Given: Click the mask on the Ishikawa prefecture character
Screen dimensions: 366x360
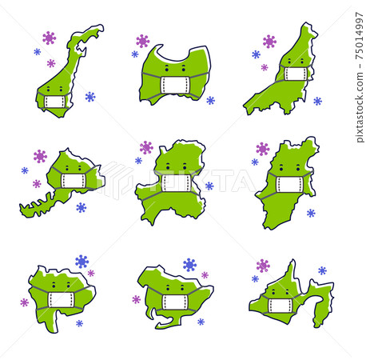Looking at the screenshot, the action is point(55,102).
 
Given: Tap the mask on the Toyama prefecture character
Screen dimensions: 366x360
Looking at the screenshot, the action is point(175,85).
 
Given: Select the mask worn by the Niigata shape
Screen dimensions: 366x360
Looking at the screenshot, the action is point(296,74).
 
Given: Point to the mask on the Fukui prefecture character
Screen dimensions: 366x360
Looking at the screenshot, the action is point(74,181).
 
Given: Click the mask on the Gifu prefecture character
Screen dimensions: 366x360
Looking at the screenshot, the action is point(177,183).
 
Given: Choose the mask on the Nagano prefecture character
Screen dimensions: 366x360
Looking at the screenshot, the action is point(289,184).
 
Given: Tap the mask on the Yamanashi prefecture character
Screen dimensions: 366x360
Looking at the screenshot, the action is point(62,300).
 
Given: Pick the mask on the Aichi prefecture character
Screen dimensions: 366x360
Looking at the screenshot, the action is point(175,302).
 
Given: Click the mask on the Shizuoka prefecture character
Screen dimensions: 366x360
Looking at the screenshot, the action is point(282,306).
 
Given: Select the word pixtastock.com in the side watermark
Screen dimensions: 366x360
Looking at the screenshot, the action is point(360,107).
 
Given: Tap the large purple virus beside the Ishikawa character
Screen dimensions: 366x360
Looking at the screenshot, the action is point(50,38).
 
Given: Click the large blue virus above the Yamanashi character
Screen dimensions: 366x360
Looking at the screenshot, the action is point(82,262).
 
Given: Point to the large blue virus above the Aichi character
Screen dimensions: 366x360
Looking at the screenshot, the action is point(189,265).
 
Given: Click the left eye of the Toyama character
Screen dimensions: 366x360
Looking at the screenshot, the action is point(167,69).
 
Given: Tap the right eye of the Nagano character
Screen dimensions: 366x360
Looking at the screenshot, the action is point(298,168).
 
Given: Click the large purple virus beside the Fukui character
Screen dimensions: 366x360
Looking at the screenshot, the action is point(40,156).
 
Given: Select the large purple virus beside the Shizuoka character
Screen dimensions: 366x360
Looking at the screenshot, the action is point(263,266).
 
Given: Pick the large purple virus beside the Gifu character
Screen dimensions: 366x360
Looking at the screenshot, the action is point(146,147).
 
